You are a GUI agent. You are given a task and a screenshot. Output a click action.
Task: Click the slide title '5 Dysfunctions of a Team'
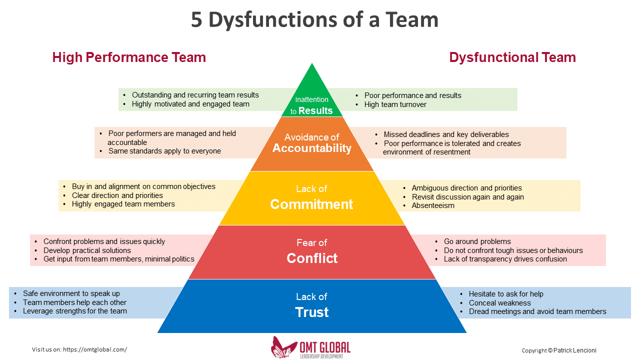coord(314,20)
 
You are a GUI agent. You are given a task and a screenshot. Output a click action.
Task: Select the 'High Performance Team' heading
coord(129,57)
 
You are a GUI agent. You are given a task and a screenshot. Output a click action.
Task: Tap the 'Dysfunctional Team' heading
coord(512,57)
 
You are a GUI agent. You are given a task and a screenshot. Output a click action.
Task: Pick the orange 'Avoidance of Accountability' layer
coord(312,143)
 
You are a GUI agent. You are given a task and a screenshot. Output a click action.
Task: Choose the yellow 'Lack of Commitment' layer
coord(311,198)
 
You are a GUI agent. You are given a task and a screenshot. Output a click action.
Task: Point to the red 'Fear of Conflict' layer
coord(312,252)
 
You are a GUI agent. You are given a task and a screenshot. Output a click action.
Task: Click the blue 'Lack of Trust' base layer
coord(312,305)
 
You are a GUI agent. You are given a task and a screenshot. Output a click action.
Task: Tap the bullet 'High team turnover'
coord(395,104)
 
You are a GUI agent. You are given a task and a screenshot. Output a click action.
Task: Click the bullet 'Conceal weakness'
coord(499,303)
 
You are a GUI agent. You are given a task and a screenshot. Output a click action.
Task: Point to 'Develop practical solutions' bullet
coord(87,250)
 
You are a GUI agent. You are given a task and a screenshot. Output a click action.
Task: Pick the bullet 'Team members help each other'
coord(74,302)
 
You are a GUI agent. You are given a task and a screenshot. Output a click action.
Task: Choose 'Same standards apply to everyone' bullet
coord(164,151)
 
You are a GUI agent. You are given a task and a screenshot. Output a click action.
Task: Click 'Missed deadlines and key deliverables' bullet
coord(446,134)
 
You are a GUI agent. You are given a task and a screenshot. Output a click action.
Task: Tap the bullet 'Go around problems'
coord(477,241)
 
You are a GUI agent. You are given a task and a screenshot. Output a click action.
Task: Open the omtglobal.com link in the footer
coord(95,349)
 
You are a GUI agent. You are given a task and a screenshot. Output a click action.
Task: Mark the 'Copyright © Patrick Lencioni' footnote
coord(558,350)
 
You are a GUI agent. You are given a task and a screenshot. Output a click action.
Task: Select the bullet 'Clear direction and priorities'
coord(117,195)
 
